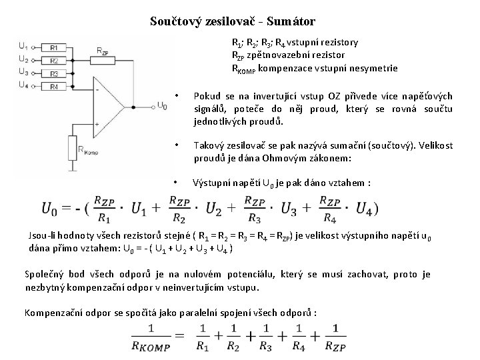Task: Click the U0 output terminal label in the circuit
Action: [162, 105]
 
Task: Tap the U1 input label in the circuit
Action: [23, 46]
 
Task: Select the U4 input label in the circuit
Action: [23, 84]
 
